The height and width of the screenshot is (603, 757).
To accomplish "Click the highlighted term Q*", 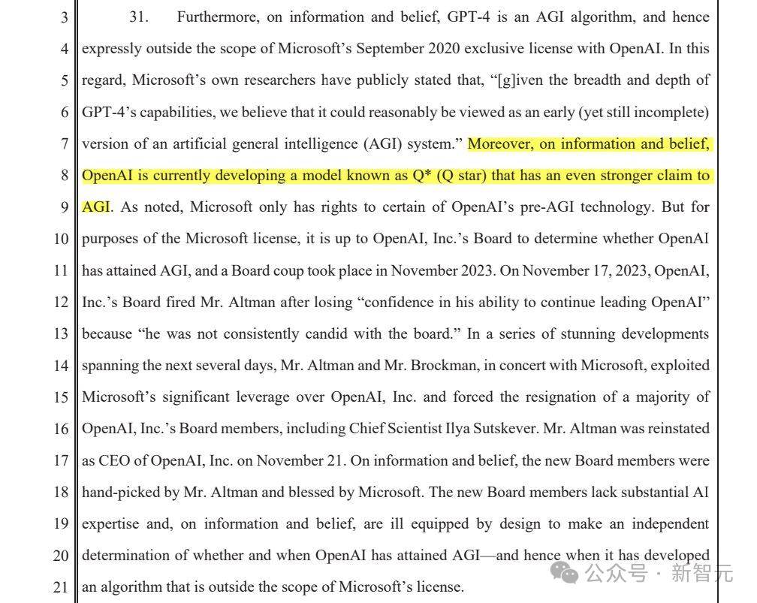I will coord(428,175).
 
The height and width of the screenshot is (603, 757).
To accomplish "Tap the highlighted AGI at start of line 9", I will coord(95,207).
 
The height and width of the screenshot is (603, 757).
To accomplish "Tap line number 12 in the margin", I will coord(60,302).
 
